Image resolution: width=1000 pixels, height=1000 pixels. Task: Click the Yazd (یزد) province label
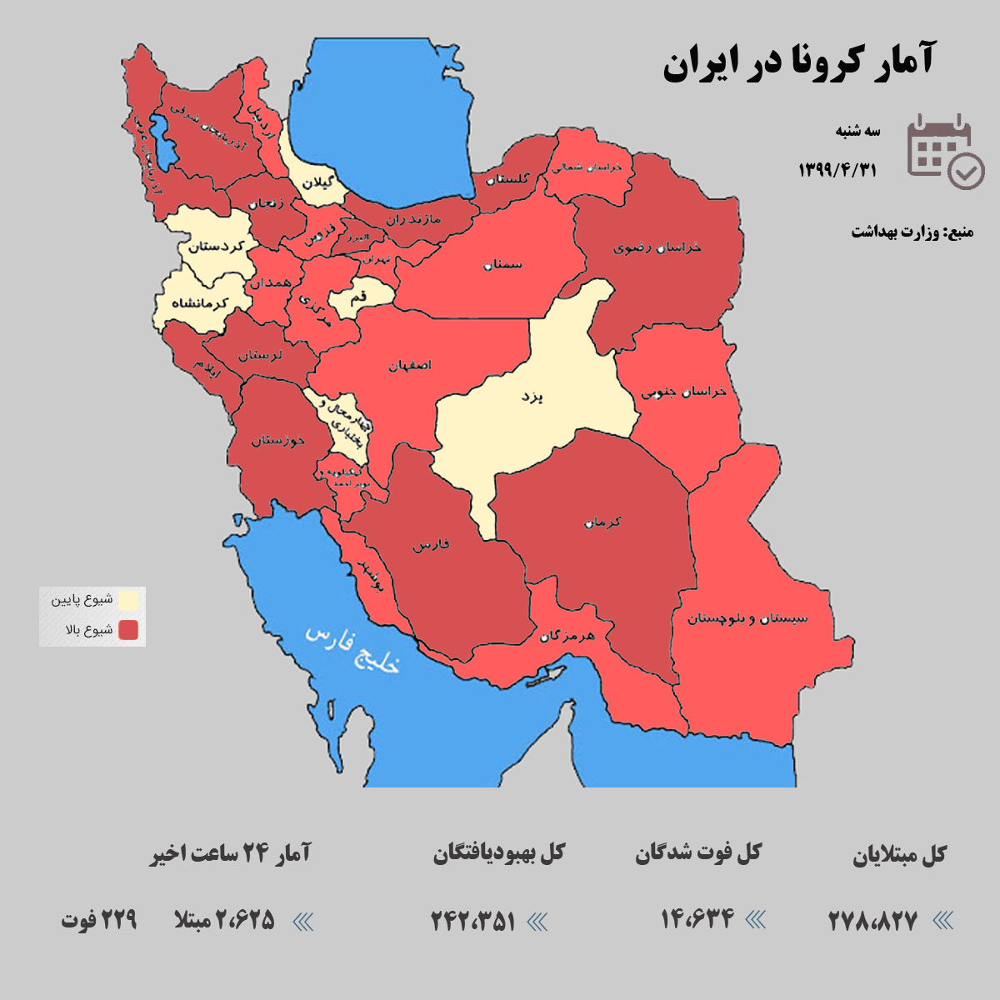point(532,397)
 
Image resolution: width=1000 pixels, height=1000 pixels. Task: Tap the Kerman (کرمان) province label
point(602,522)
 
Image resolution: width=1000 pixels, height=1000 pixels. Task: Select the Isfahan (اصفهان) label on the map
point(409,366)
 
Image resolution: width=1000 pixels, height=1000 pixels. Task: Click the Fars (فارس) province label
point(430,546)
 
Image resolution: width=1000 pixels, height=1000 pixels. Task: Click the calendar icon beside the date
point(945,151)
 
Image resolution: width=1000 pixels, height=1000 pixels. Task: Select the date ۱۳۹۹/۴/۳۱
point(837,170)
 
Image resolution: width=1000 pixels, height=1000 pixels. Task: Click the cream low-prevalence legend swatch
point(128,600)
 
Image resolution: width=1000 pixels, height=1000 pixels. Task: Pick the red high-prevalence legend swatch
point(128,630)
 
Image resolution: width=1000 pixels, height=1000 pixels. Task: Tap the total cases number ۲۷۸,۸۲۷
point(872,921)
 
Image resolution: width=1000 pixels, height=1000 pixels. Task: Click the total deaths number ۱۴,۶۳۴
point(697,919)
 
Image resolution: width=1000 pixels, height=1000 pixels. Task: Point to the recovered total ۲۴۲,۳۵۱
point(473,921)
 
